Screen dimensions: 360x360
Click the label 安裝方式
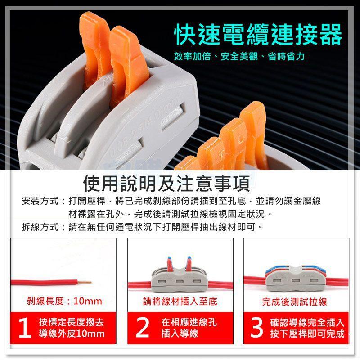[x=40, y=201]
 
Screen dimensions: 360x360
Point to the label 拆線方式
[x=40, y=226]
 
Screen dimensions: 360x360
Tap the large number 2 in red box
[x=142, y=328]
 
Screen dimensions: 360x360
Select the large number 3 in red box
[x=257, y=328]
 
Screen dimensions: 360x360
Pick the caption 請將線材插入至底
[x=180, y=301]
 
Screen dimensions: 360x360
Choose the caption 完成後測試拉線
[x=295, y=301]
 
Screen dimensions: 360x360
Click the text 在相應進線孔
[x=189, y=322]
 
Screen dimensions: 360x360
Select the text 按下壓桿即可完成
[x=307, y=334]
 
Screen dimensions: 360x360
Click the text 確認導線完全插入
[x=307, y=322]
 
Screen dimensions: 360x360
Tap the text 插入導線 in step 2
[x=180, y=334]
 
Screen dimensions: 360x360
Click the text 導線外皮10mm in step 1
[x=72, y=334]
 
